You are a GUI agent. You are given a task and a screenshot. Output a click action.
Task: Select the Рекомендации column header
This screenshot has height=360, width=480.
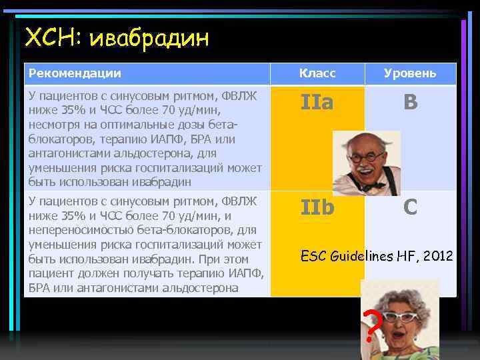pyautogui.click(x=75, y=73)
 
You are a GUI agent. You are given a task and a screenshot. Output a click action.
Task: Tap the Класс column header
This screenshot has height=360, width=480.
pyautogui.click(x=317, y=73)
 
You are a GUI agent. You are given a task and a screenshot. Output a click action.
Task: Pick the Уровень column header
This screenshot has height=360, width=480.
pyautogui.click(x=410, y=73)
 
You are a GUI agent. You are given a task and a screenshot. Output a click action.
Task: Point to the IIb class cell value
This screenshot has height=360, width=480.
pyautogui.click(x=317, y=207)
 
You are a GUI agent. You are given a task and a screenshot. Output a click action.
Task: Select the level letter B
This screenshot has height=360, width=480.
pyautogui.click(x=411, y=102)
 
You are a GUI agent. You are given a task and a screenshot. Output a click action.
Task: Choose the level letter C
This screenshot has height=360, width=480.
pyautogui.click(x=411, y=207)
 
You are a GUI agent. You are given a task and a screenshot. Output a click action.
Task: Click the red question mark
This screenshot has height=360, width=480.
pyautogui.click(x=374, y=325)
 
